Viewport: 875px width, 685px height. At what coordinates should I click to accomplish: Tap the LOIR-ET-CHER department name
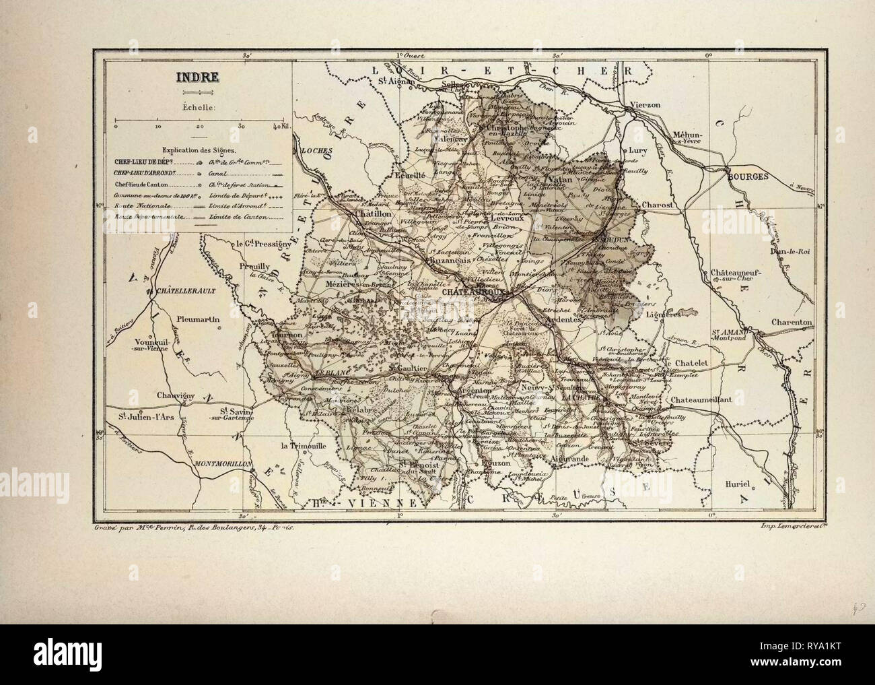click(x=501, y=69)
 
